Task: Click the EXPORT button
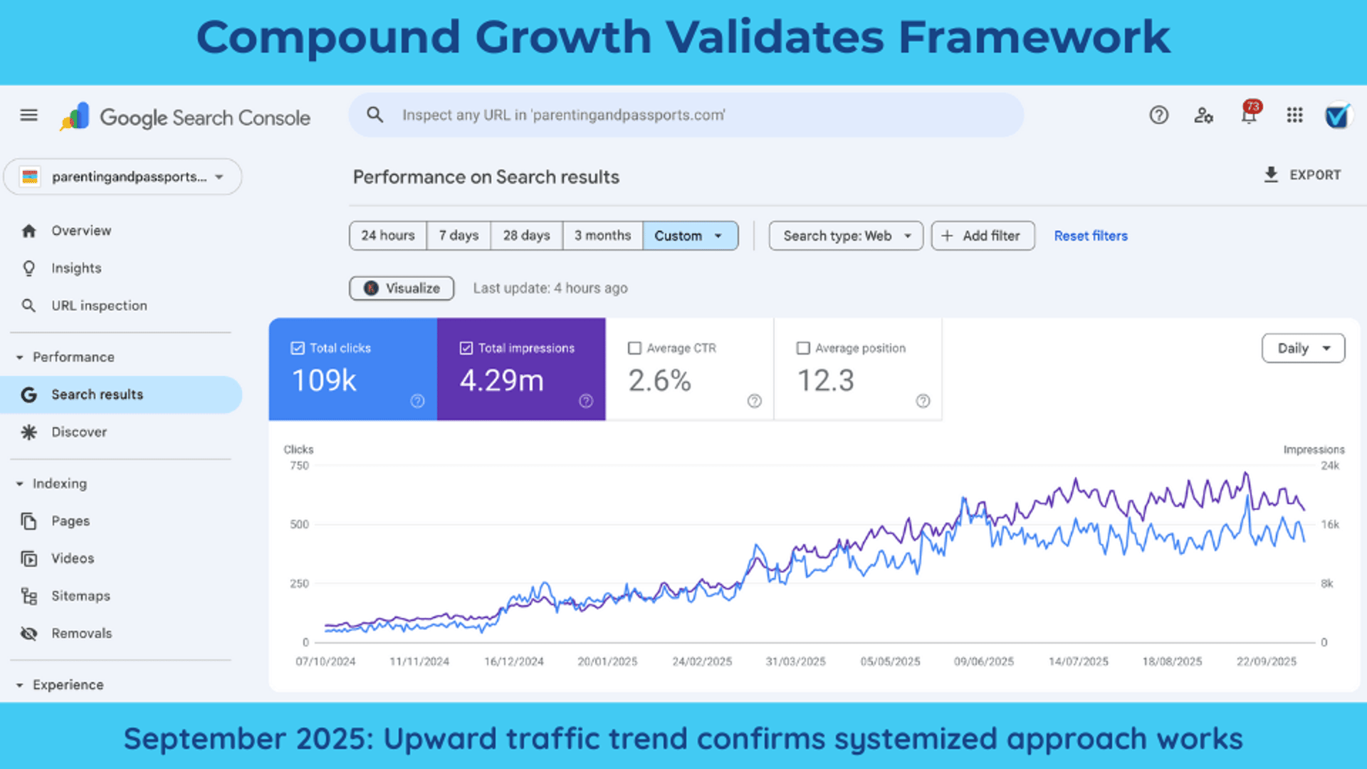[x=1302, y=175]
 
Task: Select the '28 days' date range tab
[x=526, y=236]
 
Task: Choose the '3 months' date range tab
[x=602, y=236]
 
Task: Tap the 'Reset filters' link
[x=1091, y=236]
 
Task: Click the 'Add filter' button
[x=983, y=236]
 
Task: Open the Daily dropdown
[x=1303, y=348]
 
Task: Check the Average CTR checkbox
[x=634, y=348]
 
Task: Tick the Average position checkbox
[x=803, y=348]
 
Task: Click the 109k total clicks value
[x=324, y=380]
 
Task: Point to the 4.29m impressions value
[x=502, y=380]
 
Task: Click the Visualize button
[x=402, y=288]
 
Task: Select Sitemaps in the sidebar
[x=80, y=596]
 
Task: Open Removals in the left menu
[x=81, y=633]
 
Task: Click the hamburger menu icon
[x=28, y=115]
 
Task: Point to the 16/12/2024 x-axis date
[x=513, y=661]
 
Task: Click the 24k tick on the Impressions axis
[x=1330, y=466]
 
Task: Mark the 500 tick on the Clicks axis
[x=299, y=525]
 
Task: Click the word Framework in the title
[x=1034, y=37]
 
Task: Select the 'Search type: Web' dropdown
[x=846, y=236]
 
